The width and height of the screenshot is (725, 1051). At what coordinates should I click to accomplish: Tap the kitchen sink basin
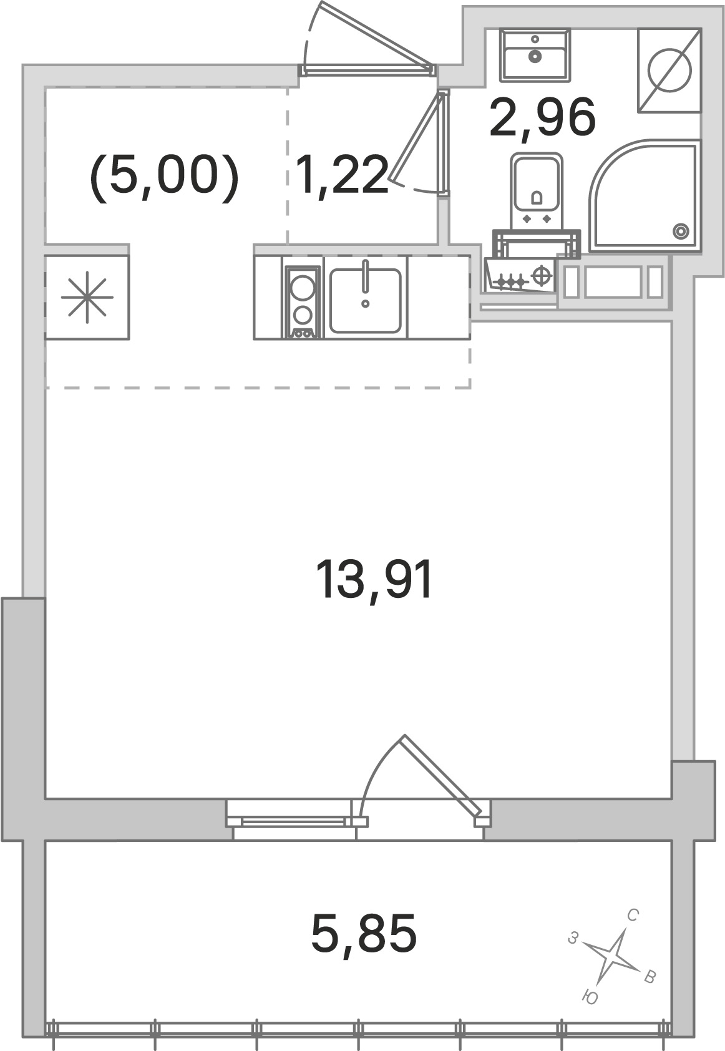[366, 300]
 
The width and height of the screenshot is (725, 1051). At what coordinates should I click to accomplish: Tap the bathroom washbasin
[535, 56]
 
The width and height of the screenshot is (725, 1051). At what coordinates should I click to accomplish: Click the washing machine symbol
[669, 71]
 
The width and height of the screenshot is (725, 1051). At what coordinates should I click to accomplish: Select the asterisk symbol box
[87, 296]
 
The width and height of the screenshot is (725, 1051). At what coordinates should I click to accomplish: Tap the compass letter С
[633, 916]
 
